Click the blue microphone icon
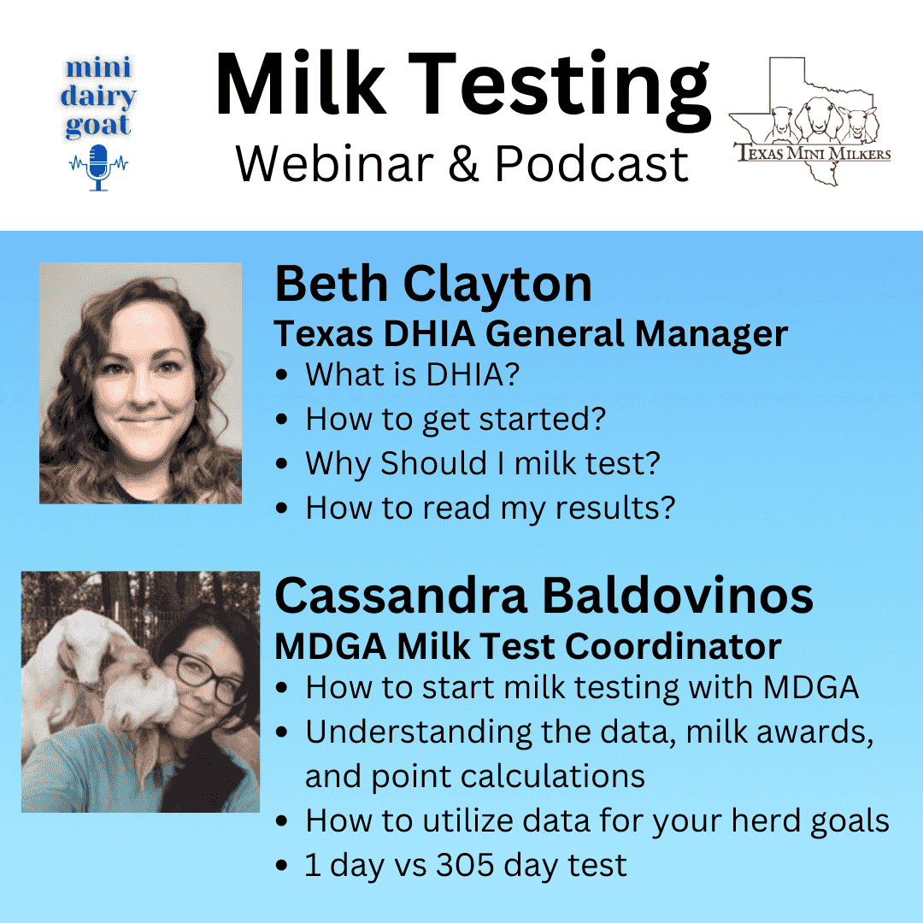[98, 165]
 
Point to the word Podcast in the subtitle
[591, 162]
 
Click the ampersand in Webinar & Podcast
[463, 162]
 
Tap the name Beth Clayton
[432, 285]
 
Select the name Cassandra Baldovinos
[544, 595]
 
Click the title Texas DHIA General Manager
[530, 333]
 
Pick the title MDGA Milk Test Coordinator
[527, 647]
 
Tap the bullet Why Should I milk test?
[483, 463]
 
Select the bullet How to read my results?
[491, 508]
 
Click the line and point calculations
[475, 776]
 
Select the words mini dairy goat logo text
[99, 97]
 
